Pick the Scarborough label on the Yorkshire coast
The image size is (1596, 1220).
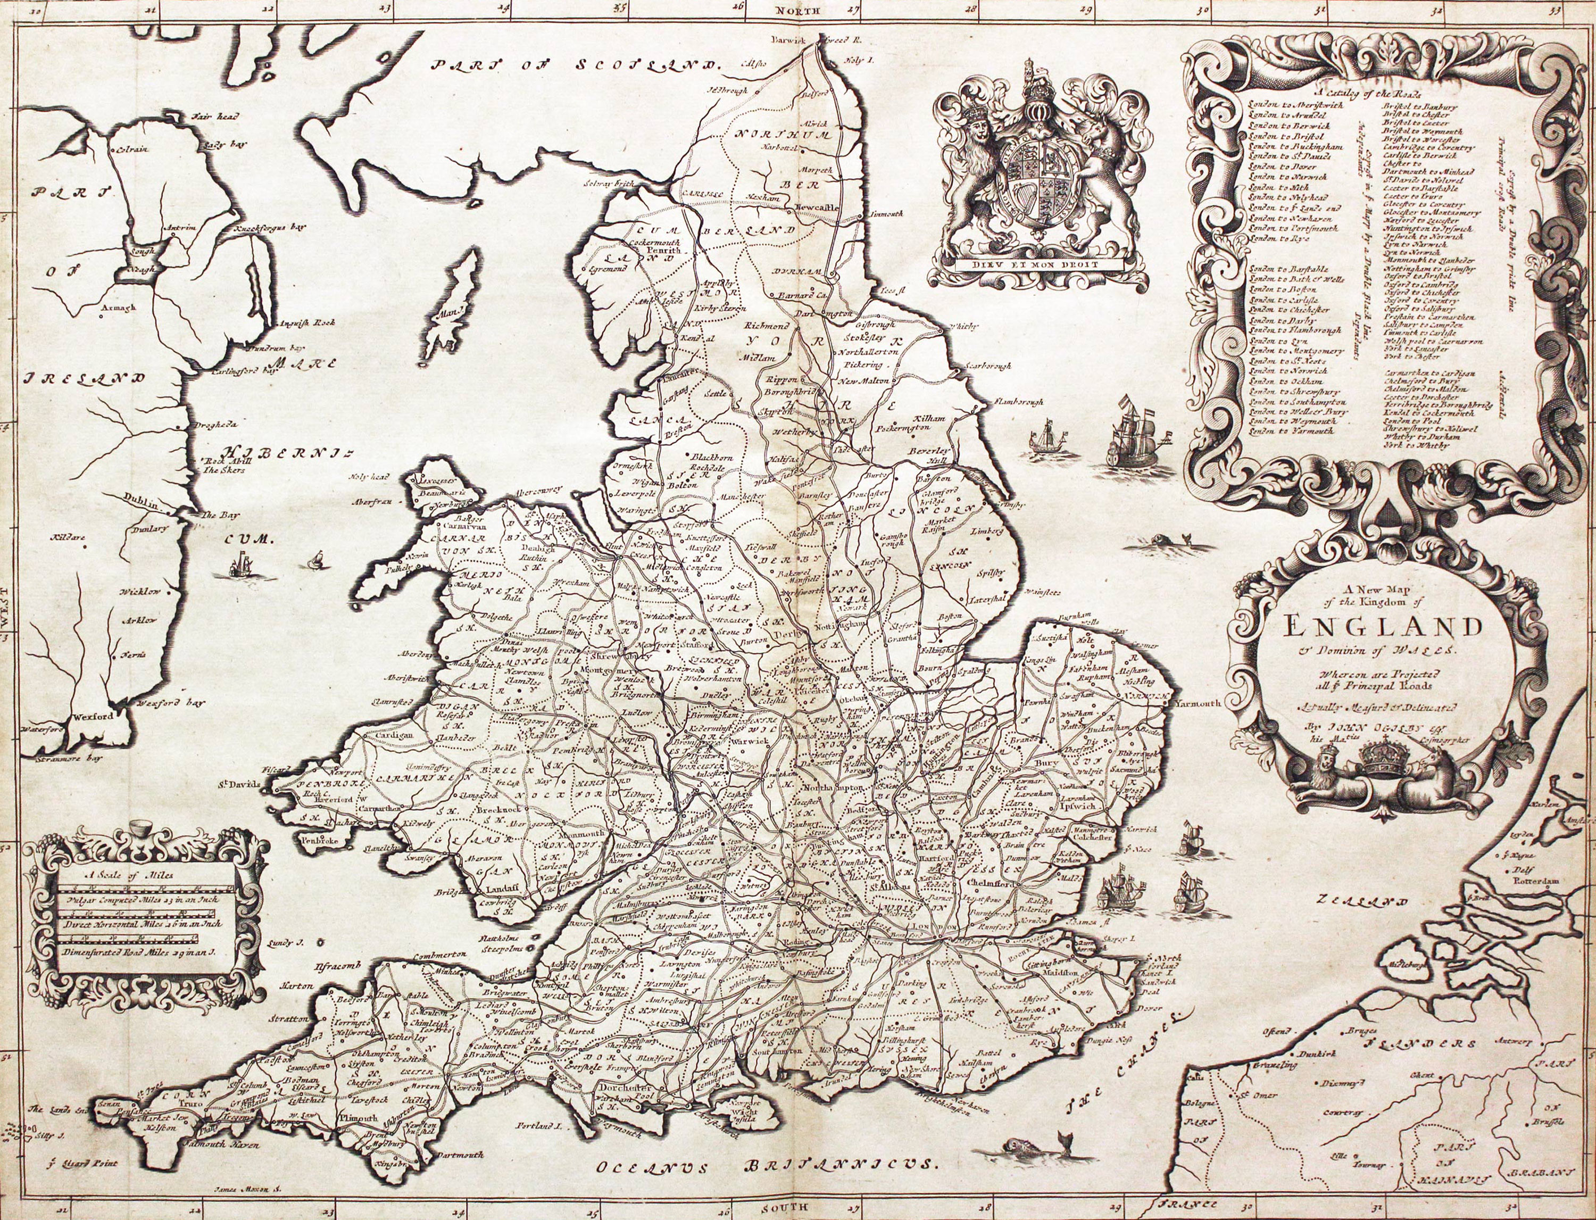click(988, 366)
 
